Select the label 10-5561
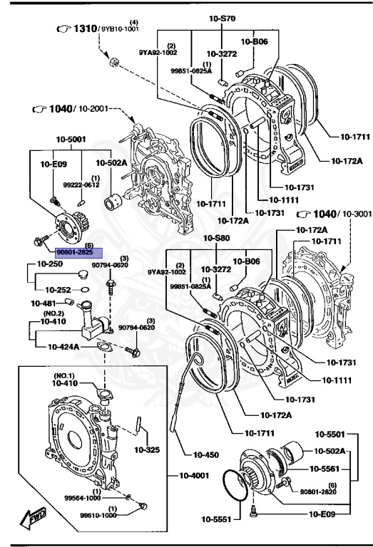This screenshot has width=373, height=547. (329, 469)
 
